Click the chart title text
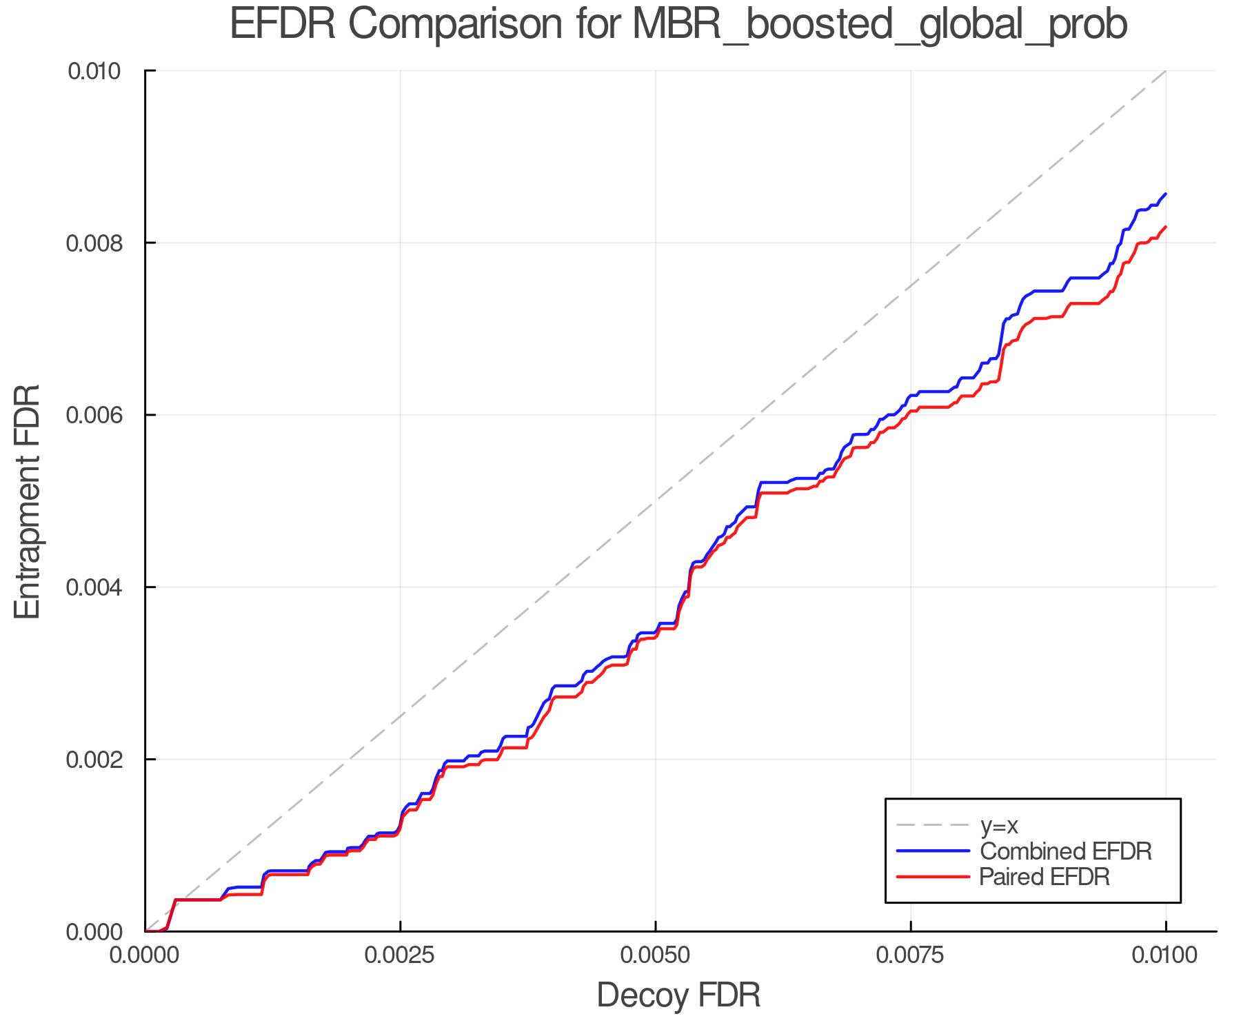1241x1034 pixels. [x=678, y=25]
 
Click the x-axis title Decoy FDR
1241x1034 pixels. [x=678, y=995]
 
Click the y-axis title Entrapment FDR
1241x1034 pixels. [x=28, y=502]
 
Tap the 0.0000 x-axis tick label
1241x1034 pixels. [x=145, y=955]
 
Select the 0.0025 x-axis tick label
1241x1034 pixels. [x=400, y=955]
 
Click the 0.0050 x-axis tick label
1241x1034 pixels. [x=655, y=955]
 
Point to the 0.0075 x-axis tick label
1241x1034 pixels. [x=911, y=955]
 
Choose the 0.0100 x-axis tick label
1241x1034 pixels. [x=1165, y=955]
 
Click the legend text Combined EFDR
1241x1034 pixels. [x=1066, y=851]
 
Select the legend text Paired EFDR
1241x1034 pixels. [x=1045, y=877]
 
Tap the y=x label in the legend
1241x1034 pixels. [x=999, y=825]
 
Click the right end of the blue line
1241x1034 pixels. [x=1165, y=194]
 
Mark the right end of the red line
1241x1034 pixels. [x=1165, y=227]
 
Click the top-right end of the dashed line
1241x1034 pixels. [x=1165, y=71]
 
